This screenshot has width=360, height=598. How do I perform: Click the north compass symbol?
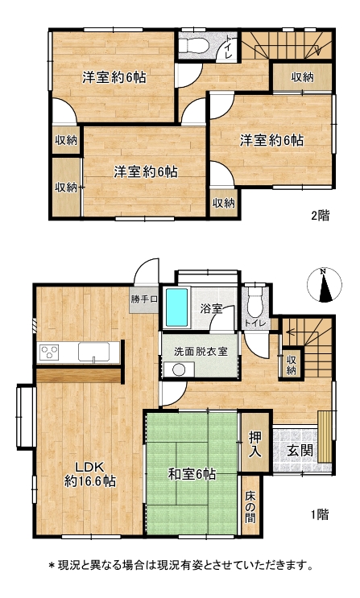(x=325, y=285)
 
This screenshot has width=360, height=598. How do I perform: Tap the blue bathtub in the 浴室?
(x=176, y=307)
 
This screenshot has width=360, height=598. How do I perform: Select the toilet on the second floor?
(x=194, y=47)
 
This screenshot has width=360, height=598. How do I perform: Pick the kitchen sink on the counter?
(x=94, y=352)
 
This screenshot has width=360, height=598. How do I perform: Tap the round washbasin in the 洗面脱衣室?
(x=178, y=370)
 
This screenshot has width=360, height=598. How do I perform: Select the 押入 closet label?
(x=254, y=444)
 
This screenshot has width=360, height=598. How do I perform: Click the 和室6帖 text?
(x=192, y=474)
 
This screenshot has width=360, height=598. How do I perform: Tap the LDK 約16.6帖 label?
(x=89, y=474)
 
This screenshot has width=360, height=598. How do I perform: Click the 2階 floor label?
(x=320, y=216)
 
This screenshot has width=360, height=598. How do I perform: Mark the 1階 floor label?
(x=320, y=514)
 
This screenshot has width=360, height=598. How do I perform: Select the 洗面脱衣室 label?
(x=201, y=351)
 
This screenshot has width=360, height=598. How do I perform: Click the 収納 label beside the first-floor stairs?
(x=292, y=365)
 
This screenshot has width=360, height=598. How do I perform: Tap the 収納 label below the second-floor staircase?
(x=302, y=77)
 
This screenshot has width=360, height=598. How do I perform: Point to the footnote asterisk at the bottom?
(x=52, y=565)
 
